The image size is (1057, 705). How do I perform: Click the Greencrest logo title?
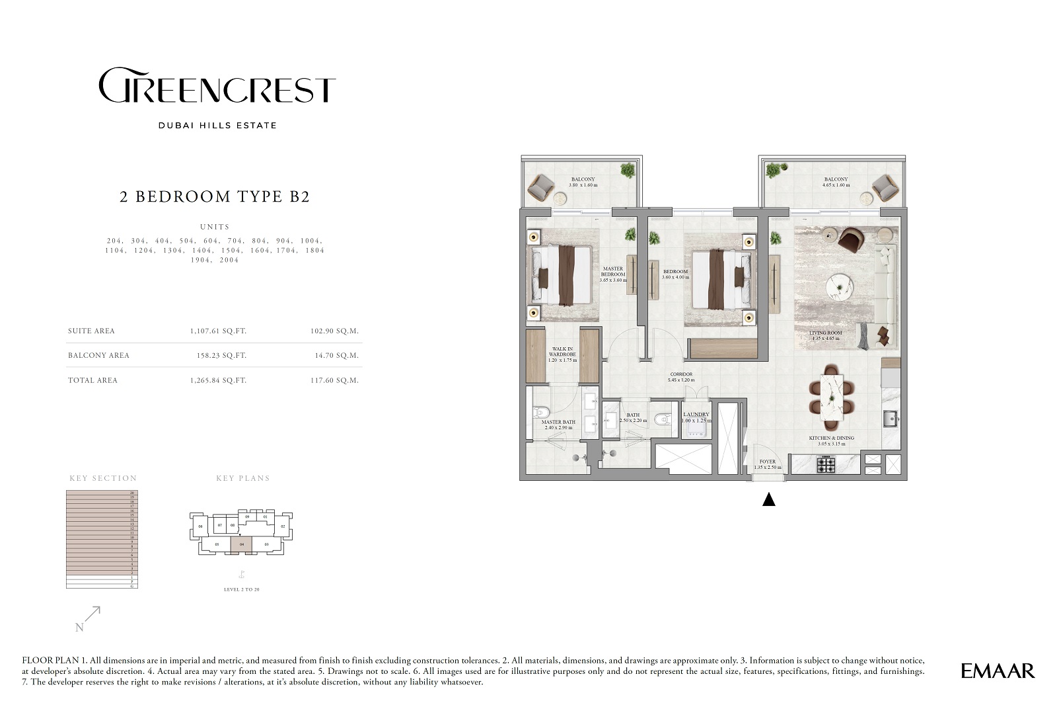(x=217, y=86)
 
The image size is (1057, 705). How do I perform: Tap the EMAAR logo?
(x=998, y=671)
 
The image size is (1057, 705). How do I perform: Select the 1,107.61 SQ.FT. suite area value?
(x=218, y=331)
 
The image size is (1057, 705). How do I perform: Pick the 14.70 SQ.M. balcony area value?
(x=336, y=355)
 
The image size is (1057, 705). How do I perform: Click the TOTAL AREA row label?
(x=92, y=380)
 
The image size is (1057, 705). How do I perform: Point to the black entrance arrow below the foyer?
(x=768, y=500)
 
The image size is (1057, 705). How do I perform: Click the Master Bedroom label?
(x=612, y=274)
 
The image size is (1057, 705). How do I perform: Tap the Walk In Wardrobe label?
(x=562, y=354)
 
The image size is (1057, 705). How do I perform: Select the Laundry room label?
(x=696, y=417)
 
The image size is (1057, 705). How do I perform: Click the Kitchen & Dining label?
(x=831, y=440)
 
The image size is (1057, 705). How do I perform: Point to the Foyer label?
(x=767, y=464)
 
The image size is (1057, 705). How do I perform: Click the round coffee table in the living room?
(x=840, y=288)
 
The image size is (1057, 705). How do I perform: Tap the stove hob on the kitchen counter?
(x=826, y=465)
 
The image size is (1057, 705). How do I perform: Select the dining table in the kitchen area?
(x=831, y=396)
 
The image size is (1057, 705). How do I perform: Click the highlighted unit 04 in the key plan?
(x=241, y=544)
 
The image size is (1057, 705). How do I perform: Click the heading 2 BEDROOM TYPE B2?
(x=215, y=196)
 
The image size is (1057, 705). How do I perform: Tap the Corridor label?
(x=681, y=377)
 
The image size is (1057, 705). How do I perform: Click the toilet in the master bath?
(x=538, y=413)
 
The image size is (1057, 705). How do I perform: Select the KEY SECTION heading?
(x=103, y=478)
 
